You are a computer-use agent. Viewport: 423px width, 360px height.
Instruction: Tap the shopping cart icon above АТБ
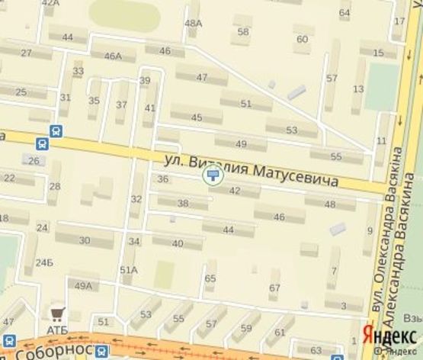tap(56, 313)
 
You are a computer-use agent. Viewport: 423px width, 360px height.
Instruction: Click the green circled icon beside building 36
tap(212, 176)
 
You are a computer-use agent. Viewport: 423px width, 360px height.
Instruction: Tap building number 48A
tap(194, 23)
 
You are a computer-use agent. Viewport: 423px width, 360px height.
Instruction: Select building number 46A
tap(113, 56)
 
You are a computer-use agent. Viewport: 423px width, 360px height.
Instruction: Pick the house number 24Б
tap(44, 263)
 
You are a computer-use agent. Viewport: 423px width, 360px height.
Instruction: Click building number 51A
tap(128, 269)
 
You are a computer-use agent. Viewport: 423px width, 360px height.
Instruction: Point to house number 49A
tap(83, 286)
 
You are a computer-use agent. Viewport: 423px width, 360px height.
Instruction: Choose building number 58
tap(243, 32)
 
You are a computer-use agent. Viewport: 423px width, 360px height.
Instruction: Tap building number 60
tap(302, 40)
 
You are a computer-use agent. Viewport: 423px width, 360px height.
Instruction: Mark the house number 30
tap(84, 240)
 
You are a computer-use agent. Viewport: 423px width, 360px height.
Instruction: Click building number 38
tap(182, 204)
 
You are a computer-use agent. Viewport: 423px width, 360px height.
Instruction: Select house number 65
tap(210, 278)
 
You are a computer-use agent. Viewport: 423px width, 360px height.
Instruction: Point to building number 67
tap(274, 288)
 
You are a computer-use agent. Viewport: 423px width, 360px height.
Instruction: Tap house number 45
tap(197, 117)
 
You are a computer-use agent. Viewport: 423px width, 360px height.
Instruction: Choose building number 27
tap(26, 53)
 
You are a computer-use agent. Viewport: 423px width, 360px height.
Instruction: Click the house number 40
tap(178, 244)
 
